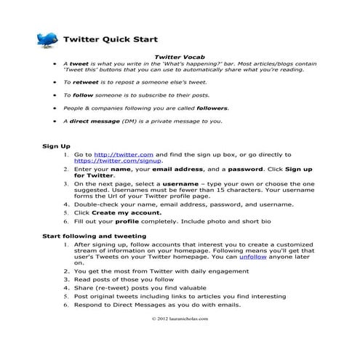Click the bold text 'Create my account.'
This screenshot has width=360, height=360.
[x=124, y=212]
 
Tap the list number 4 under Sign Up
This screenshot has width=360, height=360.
[x=68, y=205]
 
